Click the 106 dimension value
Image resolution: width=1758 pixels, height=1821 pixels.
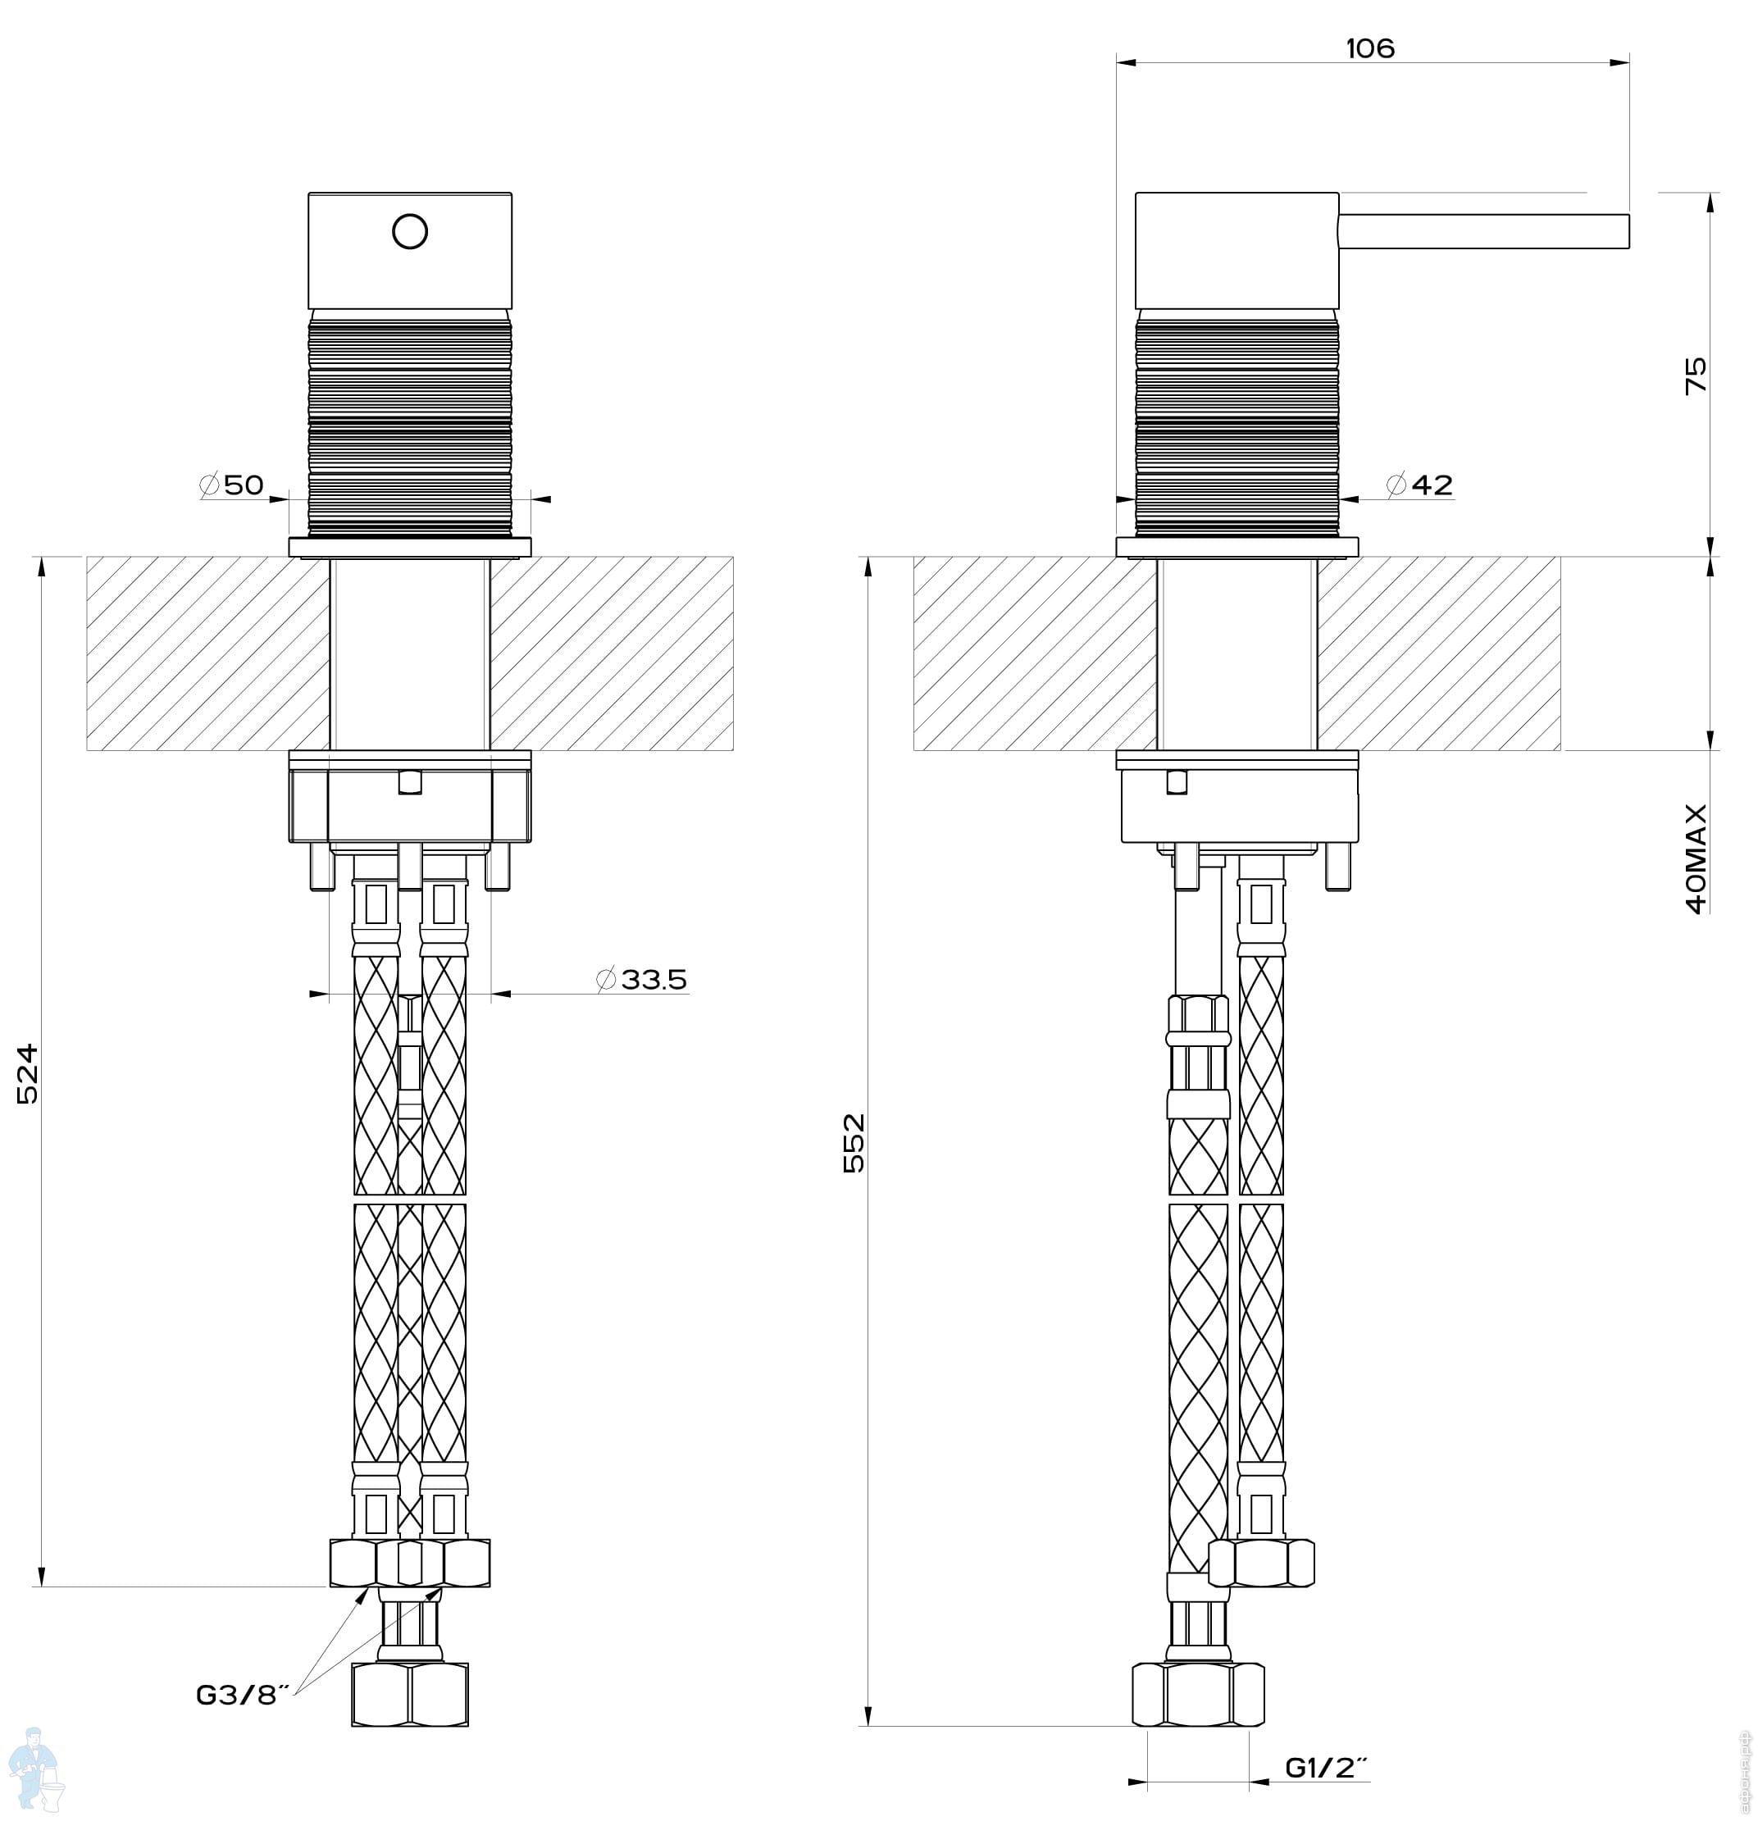(x=1369, y=48)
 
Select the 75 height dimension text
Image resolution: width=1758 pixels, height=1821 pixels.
(x=1696, y=375)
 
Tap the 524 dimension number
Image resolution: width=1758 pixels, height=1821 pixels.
(x=29, y=1074)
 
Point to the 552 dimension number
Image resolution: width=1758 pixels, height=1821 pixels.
(x=854, y=1143)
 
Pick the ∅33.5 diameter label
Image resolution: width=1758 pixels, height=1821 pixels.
(x=641, y=978)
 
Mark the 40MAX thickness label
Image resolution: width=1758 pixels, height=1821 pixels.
(x=1696, y=858)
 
